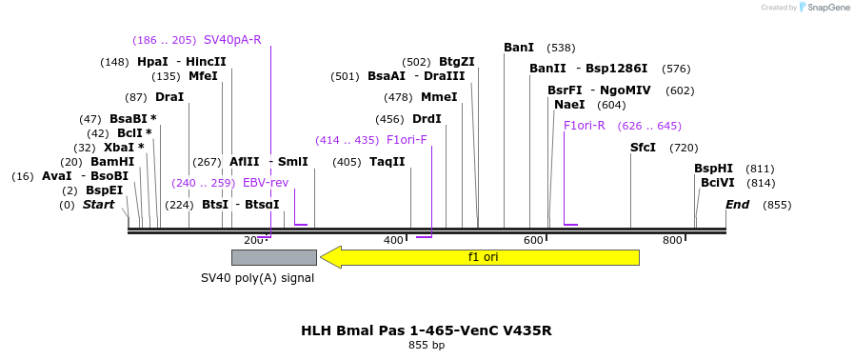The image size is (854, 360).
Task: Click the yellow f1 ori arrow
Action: pyautogui.click(x=481, y=257)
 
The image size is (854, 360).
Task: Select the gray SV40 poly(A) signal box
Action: pyautogui.click(x=274, y=257)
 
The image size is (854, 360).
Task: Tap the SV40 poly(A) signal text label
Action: pyautogui.click(x=257, y=278)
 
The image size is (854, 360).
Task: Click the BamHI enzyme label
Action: pyautogui.click(x=112, y=162)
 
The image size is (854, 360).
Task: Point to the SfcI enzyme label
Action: pyautogui.click(x=643, y=148)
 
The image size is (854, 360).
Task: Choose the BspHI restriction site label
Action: pyautogui.click(x=713, y=169)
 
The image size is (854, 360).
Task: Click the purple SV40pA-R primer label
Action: pyautogui.click(x=232, y=40)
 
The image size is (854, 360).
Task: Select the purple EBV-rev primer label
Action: pyautogui.click(x=266, y=183)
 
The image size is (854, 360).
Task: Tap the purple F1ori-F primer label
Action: pyautogui.click(x=407, y=140)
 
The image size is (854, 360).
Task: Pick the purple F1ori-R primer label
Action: pyautogui.click(x=585, y=126)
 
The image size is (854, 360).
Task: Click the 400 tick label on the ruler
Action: pyautogui.click(x=393, y=240)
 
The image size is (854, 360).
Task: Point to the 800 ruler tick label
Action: pyautogui.click(x=672, y=240)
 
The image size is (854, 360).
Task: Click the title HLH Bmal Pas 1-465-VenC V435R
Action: pyautogui.click(x=426, y=330)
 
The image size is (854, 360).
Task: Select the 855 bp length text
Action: pyautogui.click(x=426, y=345)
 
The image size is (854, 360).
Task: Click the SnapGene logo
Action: pyautogui.click(x=824, y=8)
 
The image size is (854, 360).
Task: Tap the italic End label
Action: pyautogui.click(x=737, y=205)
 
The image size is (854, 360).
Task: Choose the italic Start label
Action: pyautogui.click(x=98, y=205)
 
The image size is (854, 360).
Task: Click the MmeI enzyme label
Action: pyautogui.click(x=439, y=97)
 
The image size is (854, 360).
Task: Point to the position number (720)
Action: pyautogui.click(x=684, y=148)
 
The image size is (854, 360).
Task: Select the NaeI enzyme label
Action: pyautogui.click(x=569, y=105)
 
